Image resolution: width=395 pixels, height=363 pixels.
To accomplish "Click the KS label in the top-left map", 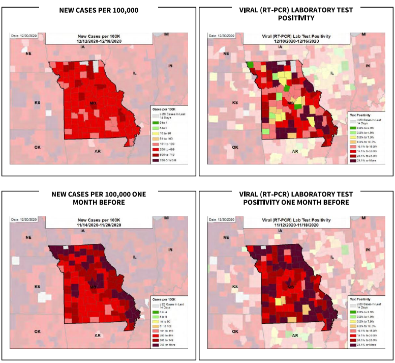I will point(37,103).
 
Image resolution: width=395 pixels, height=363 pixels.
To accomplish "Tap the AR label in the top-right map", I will point(295,151).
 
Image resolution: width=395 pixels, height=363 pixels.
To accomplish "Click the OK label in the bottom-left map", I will point(37,331).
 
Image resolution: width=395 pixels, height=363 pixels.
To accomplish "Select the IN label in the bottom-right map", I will point(368,249).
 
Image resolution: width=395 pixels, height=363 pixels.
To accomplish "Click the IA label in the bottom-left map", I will point(83,231).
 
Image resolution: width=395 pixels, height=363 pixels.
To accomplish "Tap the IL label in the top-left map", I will point(135,73).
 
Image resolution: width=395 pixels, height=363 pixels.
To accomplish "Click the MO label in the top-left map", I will point(93,103).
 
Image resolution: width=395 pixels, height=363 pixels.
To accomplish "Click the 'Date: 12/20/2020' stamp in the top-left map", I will point(24,36).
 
